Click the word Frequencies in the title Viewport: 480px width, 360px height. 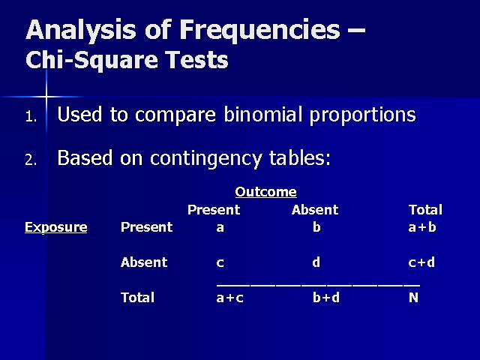(x=260, y=31)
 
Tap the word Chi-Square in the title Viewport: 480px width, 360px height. (x=91, y=59)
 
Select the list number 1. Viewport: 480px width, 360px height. (x=31, y=117)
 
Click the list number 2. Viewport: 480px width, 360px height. (x=31, y=160)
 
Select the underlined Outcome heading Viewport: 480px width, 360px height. (x=265, y=192)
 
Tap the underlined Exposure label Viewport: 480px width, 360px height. (x=56, y=227)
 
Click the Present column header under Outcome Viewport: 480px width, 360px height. (x=214, y=210)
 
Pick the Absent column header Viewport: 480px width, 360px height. (x=315, y=210)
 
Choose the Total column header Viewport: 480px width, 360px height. (x=425, y=210)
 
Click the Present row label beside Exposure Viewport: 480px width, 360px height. (x=147, y=227)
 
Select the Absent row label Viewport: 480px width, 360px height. (x=144, y=262)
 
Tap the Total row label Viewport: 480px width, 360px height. (x=137, y=298)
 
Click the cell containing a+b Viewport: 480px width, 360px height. (x=422, y=227)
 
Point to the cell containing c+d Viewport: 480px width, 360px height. (x=421, y=262)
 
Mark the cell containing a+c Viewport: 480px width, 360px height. (x=230, y=298)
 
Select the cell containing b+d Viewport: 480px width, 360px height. (x=326, y=298)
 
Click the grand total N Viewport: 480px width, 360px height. (x=413, y=298)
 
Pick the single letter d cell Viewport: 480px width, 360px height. (x=316, y=262)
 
